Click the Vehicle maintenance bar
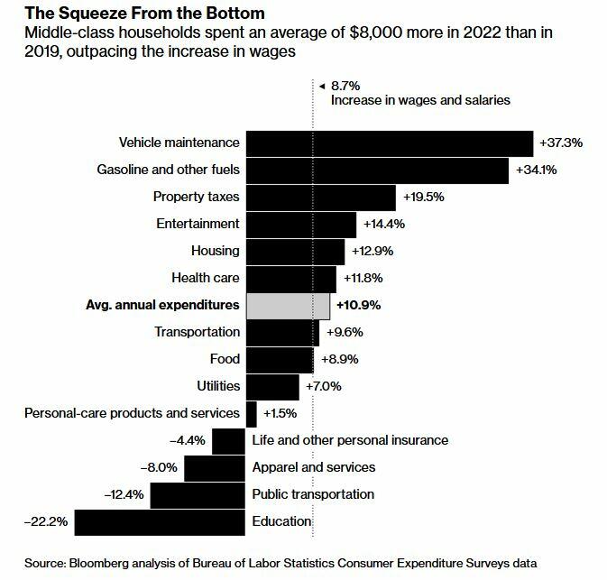pyautogui.click(x=389, y=143)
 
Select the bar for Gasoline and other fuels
pyautogui.click(x=377, y=170)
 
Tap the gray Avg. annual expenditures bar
pyautogui.click(x=288, y=306)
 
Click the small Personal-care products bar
pyautogui.click(x=251, y=413)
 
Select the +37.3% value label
pyautogui.click(x=561, y=143)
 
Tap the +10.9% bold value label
pyautogui.click(x=358, y=306)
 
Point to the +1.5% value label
pyautogui.click(x=280, y=413)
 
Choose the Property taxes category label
pyautogui.click(x=196, y=197)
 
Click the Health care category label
pyautogui.click(x=205, y=278)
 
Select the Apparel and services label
pyautogui.click(x=313, y=467)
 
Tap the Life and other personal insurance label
pyautogui.click(x=350, y=440)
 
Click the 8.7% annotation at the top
pyautogui.click(x=345, y=85)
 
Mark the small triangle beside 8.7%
pyautogui.click(x=322, y=85)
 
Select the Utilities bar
pyautogui.click(x=271, y=386)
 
